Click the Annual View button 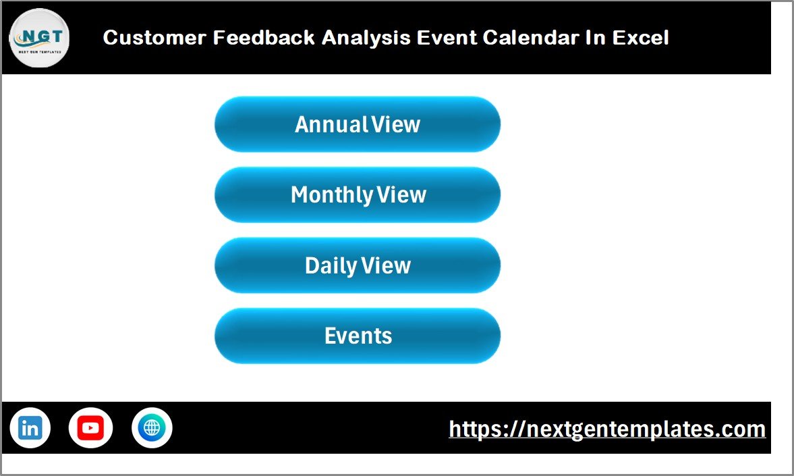click(357, 124)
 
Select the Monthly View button click(357, 195)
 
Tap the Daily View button click(357, 265)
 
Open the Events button click(357, 336)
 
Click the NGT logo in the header click(39, 38)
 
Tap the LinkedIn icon click(30, 428)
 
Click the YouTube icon click(90, 428)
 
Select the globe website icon click(152, 428)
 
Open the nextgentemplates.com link click(607, 429)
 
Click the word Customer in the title click(154, 38)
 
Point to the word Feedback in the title click(264, 38)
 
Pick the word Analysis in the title click(366, 38)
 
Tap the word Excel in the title click(640, 38)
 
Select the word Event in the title click(446, 38)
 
